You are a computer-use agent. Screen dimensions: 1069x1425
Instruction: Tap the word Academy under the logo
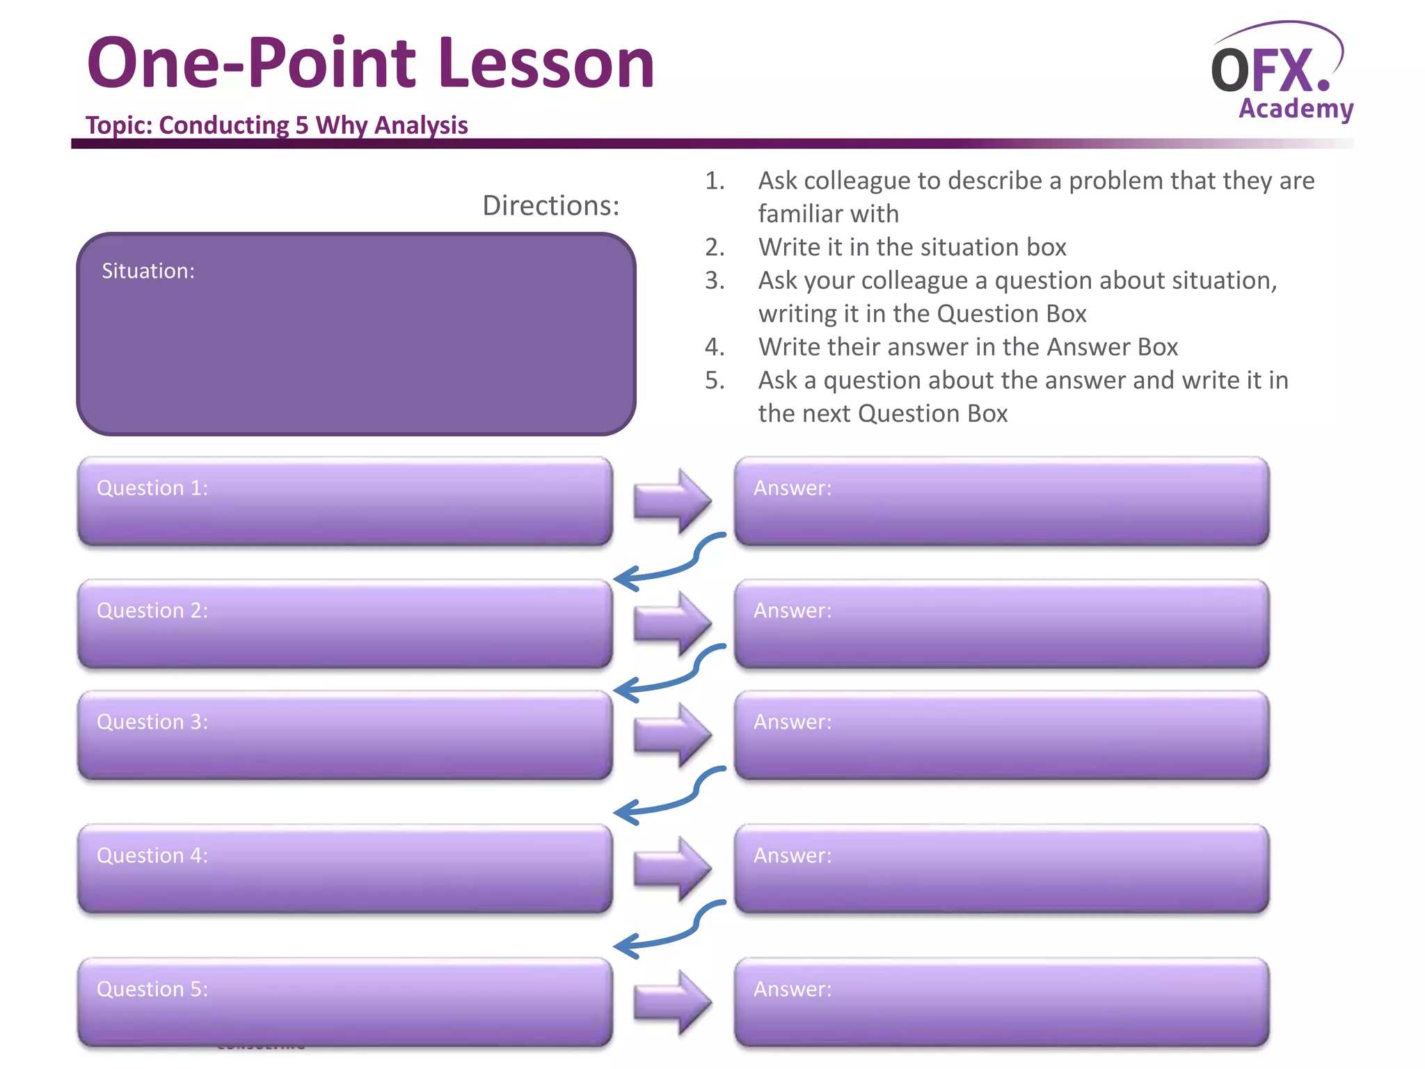[1296, 109]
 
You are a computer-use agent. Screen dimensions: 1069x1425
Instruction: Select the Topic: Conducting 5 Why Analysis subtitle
[276, 125]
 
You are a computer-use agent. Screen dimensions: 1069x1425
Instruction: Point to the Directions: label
[550, 205]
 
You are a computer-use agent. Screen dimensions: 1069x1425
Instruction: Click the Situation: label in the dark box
[148, 271]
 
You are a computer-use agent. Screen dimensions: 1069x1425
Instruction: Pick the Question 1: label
[152, 488]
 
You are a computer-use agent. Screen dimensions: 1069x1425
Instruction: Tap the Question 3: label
[152, 722]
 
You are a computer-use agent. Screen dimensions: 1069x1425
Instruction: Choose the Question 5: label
[152, 989]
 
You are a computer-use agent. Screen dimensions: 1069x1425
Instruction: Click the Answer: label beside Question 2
[793, 610]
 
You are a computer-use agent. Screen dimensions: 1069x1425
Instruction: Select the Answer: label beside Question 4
[793, 855]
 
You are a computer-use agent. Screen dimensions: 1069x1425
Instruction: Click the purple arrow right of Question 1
[672, 500]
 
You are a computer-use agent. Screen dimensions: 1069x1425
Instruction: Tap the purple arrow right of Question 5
[672, 1002]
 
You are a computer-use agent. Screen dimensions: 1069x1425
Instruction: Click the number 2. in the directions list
[715, 247]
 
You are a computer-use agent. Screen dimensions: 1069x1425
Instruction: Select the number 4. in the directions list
[715, 347]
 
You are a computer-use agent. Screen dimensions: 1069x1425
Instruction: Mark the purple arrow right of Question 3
[672, 735]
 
